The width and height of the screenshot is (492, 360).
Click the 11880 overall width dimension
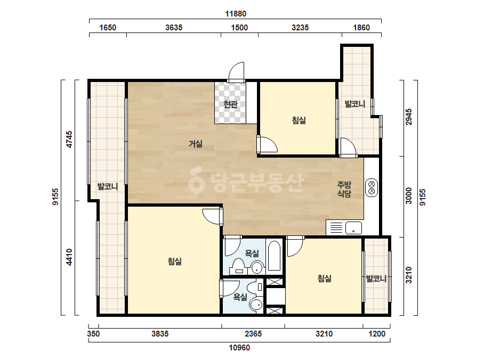236,14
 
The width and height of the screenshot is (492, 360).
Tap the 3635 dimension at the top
174,28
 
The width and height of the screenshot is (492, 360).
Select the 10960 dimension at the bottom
239,347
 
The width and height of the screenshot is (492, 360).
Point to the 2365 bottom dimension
253,334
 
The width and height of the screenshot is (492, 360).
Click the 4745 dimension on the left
69,140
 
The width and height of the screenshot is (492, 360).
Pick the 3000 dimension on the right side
408,195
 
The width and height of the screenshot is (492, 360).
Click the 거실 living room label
196,144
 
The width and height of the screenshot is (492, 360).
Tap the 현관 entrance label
231,104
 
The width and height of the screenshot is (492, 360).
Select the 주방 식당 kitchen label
344,189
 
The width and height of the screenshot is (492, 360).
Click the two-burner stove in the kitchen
372,187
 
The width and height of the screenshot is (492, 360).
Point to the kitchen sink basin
353,228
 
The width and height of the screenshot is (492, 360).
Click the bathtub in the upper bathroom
275,256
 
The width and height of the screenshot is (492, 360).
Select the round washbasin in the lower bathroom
256,305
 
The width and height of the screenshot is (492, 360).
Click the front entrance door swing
236,72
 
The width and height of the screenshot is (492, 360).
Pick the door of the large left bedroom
213,216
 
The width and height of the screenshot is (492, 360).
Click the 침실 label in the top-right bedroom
299,120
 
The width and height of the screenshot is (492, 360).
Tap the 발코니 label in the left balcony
108,186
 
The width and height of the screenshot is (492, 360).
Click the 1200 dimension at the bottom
377,334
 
